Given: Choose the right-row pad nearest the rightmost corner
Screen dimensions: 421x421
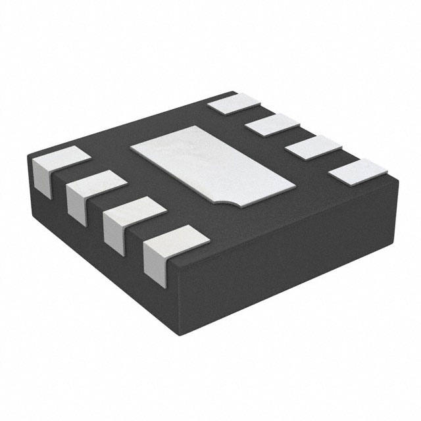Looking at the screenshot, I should click(x=355, y=170).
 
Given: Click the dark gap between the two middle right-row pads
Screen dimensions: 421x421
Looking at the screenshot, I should click(x=289, y=136).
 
